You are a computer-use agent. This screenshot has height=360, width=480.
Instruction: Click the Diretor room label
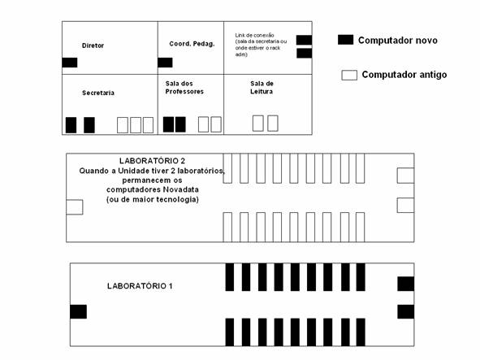click(x=93, y=46)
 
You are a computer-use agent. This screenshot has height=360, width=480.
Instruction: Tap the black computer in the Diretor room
click(x=70, y=63)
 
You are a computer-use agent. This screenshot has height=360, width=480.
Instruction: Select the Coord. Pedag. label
click(x=192, y=44)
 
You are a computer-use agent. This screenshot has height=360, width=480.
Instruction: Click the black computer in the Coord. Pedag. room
click(x=166, y=63)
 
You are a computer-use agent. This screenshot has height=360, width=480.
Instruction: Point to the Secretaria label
click(x=98, y=93)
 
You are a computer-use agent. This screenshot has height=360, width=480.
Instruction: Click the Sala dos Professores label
click(x=184, y=87)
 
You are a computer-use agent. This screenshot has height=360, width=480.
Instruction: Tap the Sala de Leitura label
click(x=262, y=87)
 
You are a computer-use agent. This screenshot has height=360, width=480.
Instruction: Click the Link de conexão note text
click(x=261, y=45)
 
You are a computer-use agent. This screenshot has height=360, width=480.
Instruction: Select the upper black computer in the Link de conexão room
click(x=305, y=40)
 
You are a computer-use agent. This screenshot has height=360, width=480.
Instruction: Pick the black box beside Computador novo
click(x=346, y=40)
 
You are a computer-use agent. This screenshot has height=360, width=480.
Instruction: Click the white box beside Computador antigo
click(x=349, y=75)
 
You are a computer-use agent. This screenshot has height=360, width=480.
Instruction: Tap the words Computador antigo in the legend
click(x=404, y=75)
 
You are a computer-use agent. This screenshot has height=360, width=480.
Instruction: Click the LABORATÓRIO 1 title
click(x=140, y=286)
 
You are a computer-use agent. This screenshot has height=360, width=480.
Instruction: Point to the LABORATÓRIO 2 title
click(x=152, y=161)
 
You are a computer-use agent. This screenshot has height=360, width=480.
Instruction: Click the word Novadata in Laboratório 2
click(x=180, y=189)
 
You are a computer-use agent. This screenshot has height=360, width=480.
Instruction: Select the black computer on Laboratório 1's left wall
click(x=78, y=311)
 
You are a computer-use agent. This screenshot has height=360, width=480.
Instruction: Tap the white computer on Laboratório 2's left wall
click(x=75, y=207)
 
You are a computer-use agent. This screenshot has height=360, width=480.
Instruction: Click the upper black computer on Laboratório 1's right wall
click(x=406, y=284)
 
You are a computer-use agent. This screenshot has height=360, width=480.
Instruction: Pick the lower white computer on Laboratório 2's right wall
click(x=405, y=206)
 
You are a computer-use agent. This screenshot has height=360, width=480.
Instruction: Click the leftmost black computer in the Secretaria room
click(x=71, y=125)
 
